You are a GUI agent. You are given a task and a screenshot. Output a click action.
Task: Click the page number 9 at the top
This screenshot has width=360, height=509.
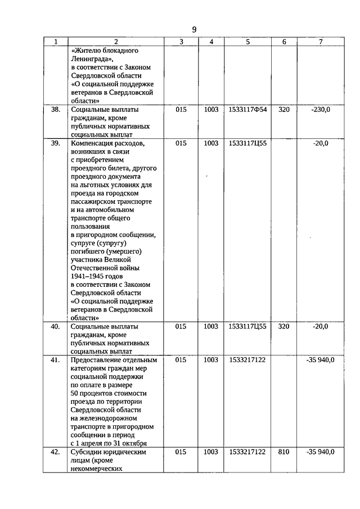coord(194,30)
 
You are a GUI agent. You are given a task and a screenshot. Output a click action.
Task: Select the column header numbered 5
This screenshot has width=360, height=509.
coord(247,42)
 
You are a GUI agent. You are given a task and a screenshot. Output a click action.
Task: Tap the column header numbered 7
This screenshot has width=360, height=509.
coord(321,42)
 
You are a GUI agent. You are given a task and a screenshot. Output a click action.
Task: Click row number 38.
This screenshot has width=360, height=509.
coord(55,110)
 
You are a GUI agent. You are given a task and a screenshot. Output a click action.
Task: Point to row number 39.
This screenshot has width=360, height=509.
coord(55,143)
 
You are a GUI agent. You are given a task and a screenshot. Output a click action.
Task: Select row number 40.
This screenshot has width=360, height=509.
coord(55,326)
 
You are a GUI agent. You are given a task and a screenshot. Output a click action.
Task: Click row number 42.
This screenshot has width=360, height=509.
coord(55,452)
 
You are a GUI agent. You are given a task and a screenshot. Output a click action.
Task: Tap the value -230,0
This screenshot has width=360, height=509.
coord(321,110)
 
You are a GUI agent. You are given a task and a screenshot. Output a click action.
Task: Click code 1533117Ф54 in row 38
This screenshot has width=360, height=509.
coord(247,110)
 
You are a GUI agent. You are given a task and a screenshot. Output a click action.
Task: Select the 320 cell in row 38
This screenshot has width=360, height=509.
coord(284,110)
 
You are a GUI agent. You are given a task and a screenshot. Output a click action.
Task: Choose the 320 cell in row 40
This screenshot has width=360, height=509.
coord(284,326)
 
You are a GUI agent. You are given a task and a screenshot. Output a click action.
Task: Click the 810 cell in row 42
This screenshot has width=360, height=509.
coord(284,452)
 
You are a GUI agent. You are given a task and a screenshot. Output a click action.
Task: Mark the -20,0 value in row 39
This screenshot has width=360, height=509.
coord(321,143)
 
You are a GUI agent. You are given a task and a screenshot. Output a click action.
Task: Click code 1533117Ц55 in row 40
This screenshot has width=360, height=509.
coord(247,326)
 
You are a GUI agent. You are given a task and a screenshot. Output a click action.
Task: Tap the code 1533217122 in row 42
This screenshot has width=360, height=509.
coord(247,452)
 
